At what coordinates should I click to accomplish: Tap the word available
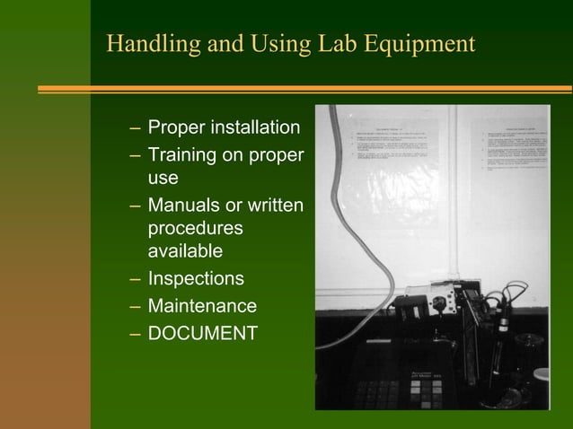[x=184, y=252]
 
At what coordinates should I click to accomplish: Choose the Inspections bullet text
[x=196, y=279]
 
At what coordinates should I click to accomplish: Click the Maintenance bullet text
[x=202, y=306]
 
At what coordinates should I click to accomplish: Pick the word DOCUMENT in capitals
[x=202, y=334]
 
